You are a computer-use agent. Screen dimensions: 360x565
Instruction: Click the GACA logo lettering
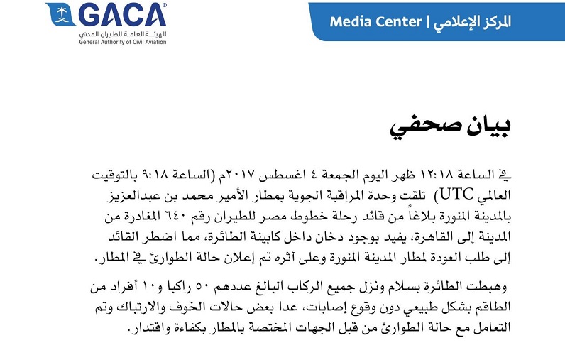pos(123,15)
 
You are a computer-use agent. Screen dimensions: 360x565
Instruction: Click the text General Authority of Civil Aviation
pos(123,40)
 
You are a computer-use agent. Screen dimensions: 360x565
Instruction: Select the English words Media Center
pos(376,22)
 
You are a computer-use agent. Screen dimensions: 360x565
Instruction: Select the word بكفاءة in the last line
pos(176,329)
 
